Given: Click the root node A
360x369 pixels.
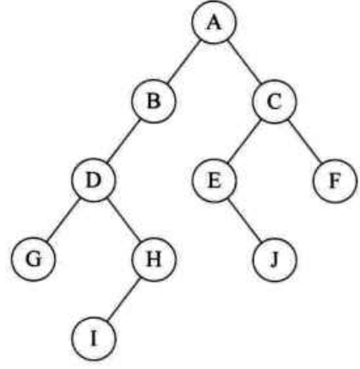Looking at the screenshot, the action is click(x=214, y=22).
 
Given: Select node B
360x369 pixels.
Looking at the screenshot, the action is click(x=154, y=101).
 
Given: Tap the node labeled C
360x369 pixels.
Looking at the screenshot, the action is click(x=275, y=101).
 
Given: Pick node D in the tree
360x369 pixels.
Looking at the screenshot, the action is click(x=94, y=180).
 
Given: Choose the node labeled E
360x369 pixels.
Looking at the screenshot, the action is click(x=214, y=180).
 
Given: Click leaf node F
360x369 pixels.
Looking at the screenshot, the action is click(x=335, y=181).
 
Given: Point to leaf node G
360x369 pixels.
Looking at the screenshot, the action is click(x=33, y=259).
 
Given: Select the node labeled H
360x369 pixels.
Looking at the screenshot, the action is click(x=154, y=259).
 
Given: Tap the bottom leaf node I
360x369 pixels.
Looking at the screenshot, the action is click(x=94, y=338).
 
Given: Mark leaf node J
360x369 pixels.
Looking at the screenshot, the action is click(x=275, y=259).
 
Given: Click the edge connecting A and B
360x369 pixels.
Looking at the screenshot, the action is click(x=184, y=62).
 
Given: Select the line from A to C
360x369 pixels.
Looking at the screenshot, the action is click(x=244, y=62).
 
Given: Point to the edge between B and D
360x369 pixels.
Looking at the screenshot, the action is click(x=123, y=141).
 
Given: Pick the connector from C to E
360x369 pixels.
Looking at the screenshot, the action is click(x=244, y=141).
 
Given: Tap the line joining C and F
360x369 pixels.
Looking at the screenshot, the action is click(x=305, y=141).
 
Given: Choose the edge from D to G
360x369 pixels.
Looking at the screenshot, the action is click(x=63, y=220).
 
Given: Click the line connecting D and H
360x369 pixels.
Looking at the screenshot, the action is click(x=123, y=220).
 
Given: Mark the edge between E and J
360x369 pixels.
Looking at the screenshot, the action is click(x=244, y=220).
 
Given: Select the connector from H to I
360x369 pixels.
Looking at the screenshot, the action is click(x=123, y=299).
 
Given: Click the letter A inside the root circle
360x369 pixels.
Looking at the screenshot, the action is click(x=214, y=23).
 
